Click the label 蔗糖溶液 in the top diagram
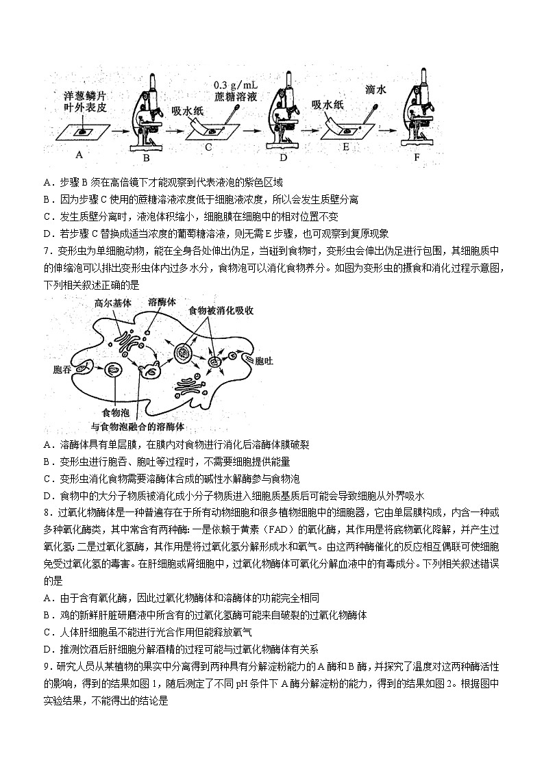point(234,97)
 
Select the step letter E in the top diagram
point(346,147)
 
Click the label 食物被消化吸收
point(222,310)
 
